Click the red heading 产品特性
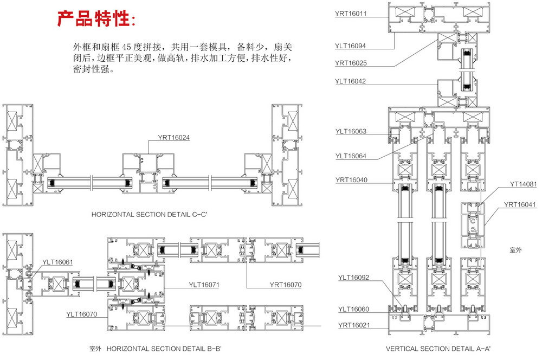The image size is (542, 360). tap(97, 18)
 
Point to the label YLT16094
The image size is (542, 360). tap(350, 46)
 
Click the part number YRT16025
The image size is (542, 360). tap(351, 63)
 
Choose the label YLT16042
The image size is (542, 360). tap(350, 81)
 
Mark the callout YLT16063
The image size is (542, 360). tap(351, 131)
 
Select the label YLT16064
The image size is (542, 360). tap(351, 156)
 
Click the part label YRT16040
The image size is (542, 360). tap(351, 180)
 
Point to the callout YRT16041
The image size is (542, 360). tap(520, 204)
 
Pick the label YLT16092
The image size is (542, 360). tap(353, 278)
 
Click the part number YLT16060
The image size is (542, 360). tap(353, 309)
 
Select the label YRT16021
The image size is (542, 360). tap(353, 325)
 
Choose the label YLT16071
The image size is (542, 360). tap(204, 284)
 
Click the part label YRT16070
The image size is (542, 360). tap(285, 284)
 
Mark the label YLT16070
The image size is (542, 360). tap(81, 313)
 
